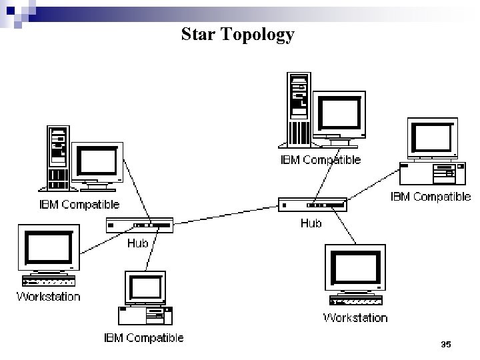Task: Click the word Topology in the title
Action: pos(257,35)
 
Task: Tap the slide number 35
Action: pos(446,344)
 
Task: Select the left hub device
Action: pos(139,225)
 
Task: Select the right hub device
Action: pos(312,205)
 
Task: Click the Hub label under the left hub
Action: pos(138,243)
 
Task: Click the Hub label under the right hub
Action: pos(311,223)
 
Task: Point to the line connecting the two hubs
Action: pos(227,215)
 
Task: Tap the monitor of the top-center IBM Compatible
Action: pos(340,113)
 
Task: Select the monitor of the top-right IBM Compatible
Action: pos(433,139)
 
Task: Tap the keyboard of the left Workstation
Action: pos(48,281)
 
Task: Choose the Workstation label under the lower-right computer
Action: pos(355,317)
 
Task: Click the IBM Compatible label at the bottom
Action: pos(143,338)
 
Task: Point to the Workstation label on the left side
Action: pos(48,297)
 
